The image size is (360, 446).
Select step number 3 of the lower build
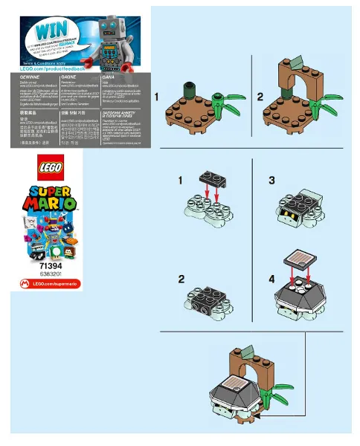pyautogui.click(x=271, y=181)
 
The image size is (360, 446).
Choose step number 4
pyautogui.click(x=271, y=280)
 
